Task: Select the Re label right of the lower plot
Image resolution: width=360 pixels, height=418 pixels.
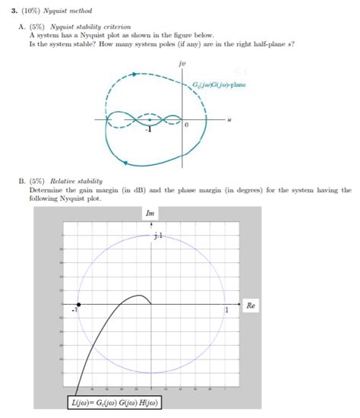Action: pyautogui.click(x=251, y=305)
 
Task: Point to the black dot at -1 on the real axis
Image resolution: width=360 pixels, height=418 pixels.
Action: pyautogui.click(x=79, y=304)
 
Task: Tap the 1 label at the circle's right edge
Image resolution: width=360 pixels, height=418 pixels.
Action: pyautogui.click(x=226, y=311)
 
